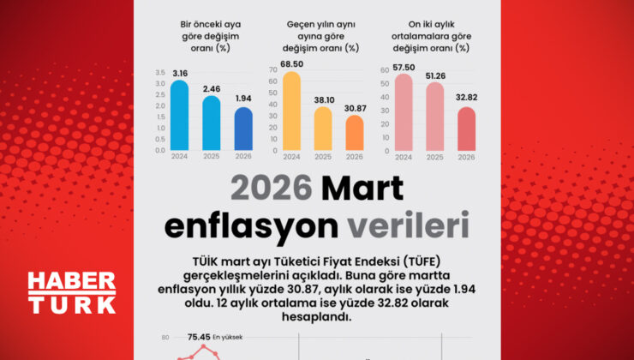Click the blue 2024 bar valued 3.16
[179, 116]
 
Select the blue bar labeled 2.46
[211, 123]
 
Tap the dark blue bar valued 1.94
[243, 129]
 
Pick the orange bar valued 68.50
[291, 111]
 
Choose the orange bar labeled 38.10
[323, 129]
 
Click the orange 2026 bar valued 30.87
[355, 133]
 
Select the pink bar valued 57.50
[404, 113]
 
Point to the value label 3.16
[179, 74]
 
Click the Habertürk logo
[71, 292]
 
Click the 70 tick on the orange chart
[272, 70]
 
